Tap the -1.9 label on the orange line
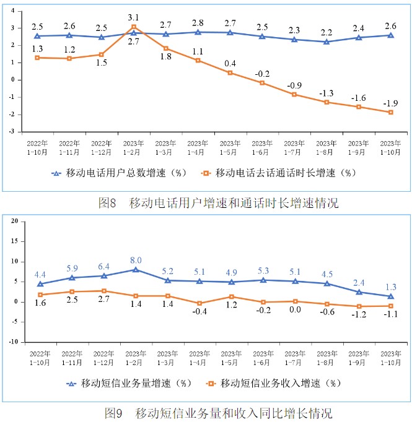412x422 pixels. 390,103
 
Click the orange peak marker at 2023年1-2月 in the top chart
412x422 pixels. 134,27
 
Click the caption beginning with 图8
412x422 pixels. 218,202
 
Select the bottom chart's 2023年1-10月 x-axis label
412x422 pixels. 390,357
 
